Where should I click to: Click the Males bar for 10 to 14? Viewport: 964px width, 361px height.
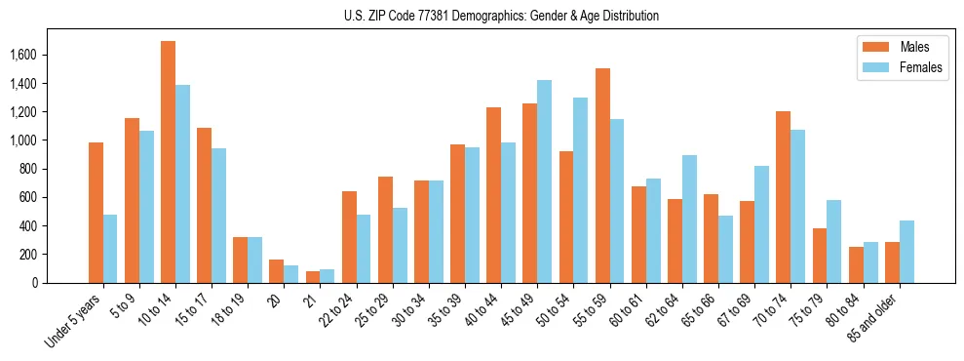[168, 162]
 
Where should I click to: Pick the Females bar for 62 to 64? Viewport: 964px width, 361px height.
[688, 219]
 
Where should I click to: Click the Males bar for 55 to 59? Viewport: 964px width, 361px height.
[601, 176]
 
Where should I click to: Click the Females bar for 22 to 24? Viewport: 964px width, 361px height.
[364, 249]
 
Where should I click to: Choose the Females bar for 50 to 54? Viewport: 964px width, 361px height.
[580, 190]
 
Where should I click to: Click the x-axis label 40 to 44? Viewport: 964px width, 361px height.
[480, 311]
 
